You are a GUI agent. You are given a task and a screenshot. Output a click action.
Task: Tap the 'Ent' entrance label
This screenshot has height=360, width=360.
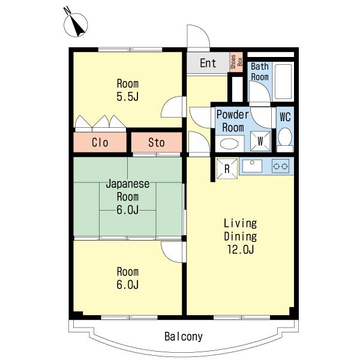(x=208, y=63)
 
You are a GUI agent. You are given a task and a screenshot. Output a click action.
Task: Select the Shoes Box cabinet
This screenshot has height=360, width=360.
(x=236, y=62)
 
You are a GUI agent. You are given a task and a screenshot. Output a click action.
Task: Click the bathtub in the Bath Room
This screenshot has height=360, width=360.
(x=283, y=82)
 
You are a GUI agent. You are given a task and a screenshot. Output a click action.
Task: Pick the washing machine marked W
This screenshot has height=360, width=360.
(x=260, y=142)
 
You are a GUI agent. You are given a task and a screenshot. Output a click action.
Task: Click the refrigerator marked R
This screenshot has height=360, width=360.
(x=227, y=169)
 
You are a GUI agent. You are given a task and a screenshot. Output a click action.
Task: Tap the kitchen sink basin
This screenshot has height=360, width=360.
(x=252, y=166)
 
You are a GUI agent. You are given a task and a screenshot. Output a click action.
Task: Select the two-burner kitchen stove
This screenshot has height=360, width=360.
(x=280, y=166)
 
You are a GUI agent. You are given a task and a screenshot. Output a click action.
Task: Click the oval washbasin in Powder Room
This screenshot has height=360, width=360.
(x=229, y=144)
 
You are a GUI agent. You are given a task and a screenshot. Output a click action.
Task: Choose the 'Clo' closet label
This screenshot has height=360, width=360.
(x=100, y=143)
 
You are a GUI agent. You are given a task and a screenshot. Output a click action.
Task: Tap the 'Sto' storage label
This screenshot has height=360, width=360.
(x=157, y=143)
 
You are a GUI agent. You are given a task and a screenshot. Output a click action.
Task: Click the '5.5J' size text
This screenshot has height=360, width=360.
(x=128, y=97)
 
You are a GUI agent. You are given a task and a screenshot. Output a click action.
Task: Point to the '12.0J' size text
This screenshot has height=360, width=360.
(x=241, y=249)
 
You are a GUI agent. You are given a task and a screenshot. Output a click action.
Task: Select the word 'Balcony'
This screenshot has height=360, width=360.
(x=184, y=337)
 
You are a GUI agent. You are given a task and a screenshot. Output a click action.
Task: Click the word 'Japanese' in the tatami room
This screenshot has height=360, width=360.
(x=128, y=184)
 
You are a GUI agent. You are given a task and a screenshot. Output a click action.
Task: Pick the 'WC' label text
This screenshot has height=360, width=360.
(x=285, y=117)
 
